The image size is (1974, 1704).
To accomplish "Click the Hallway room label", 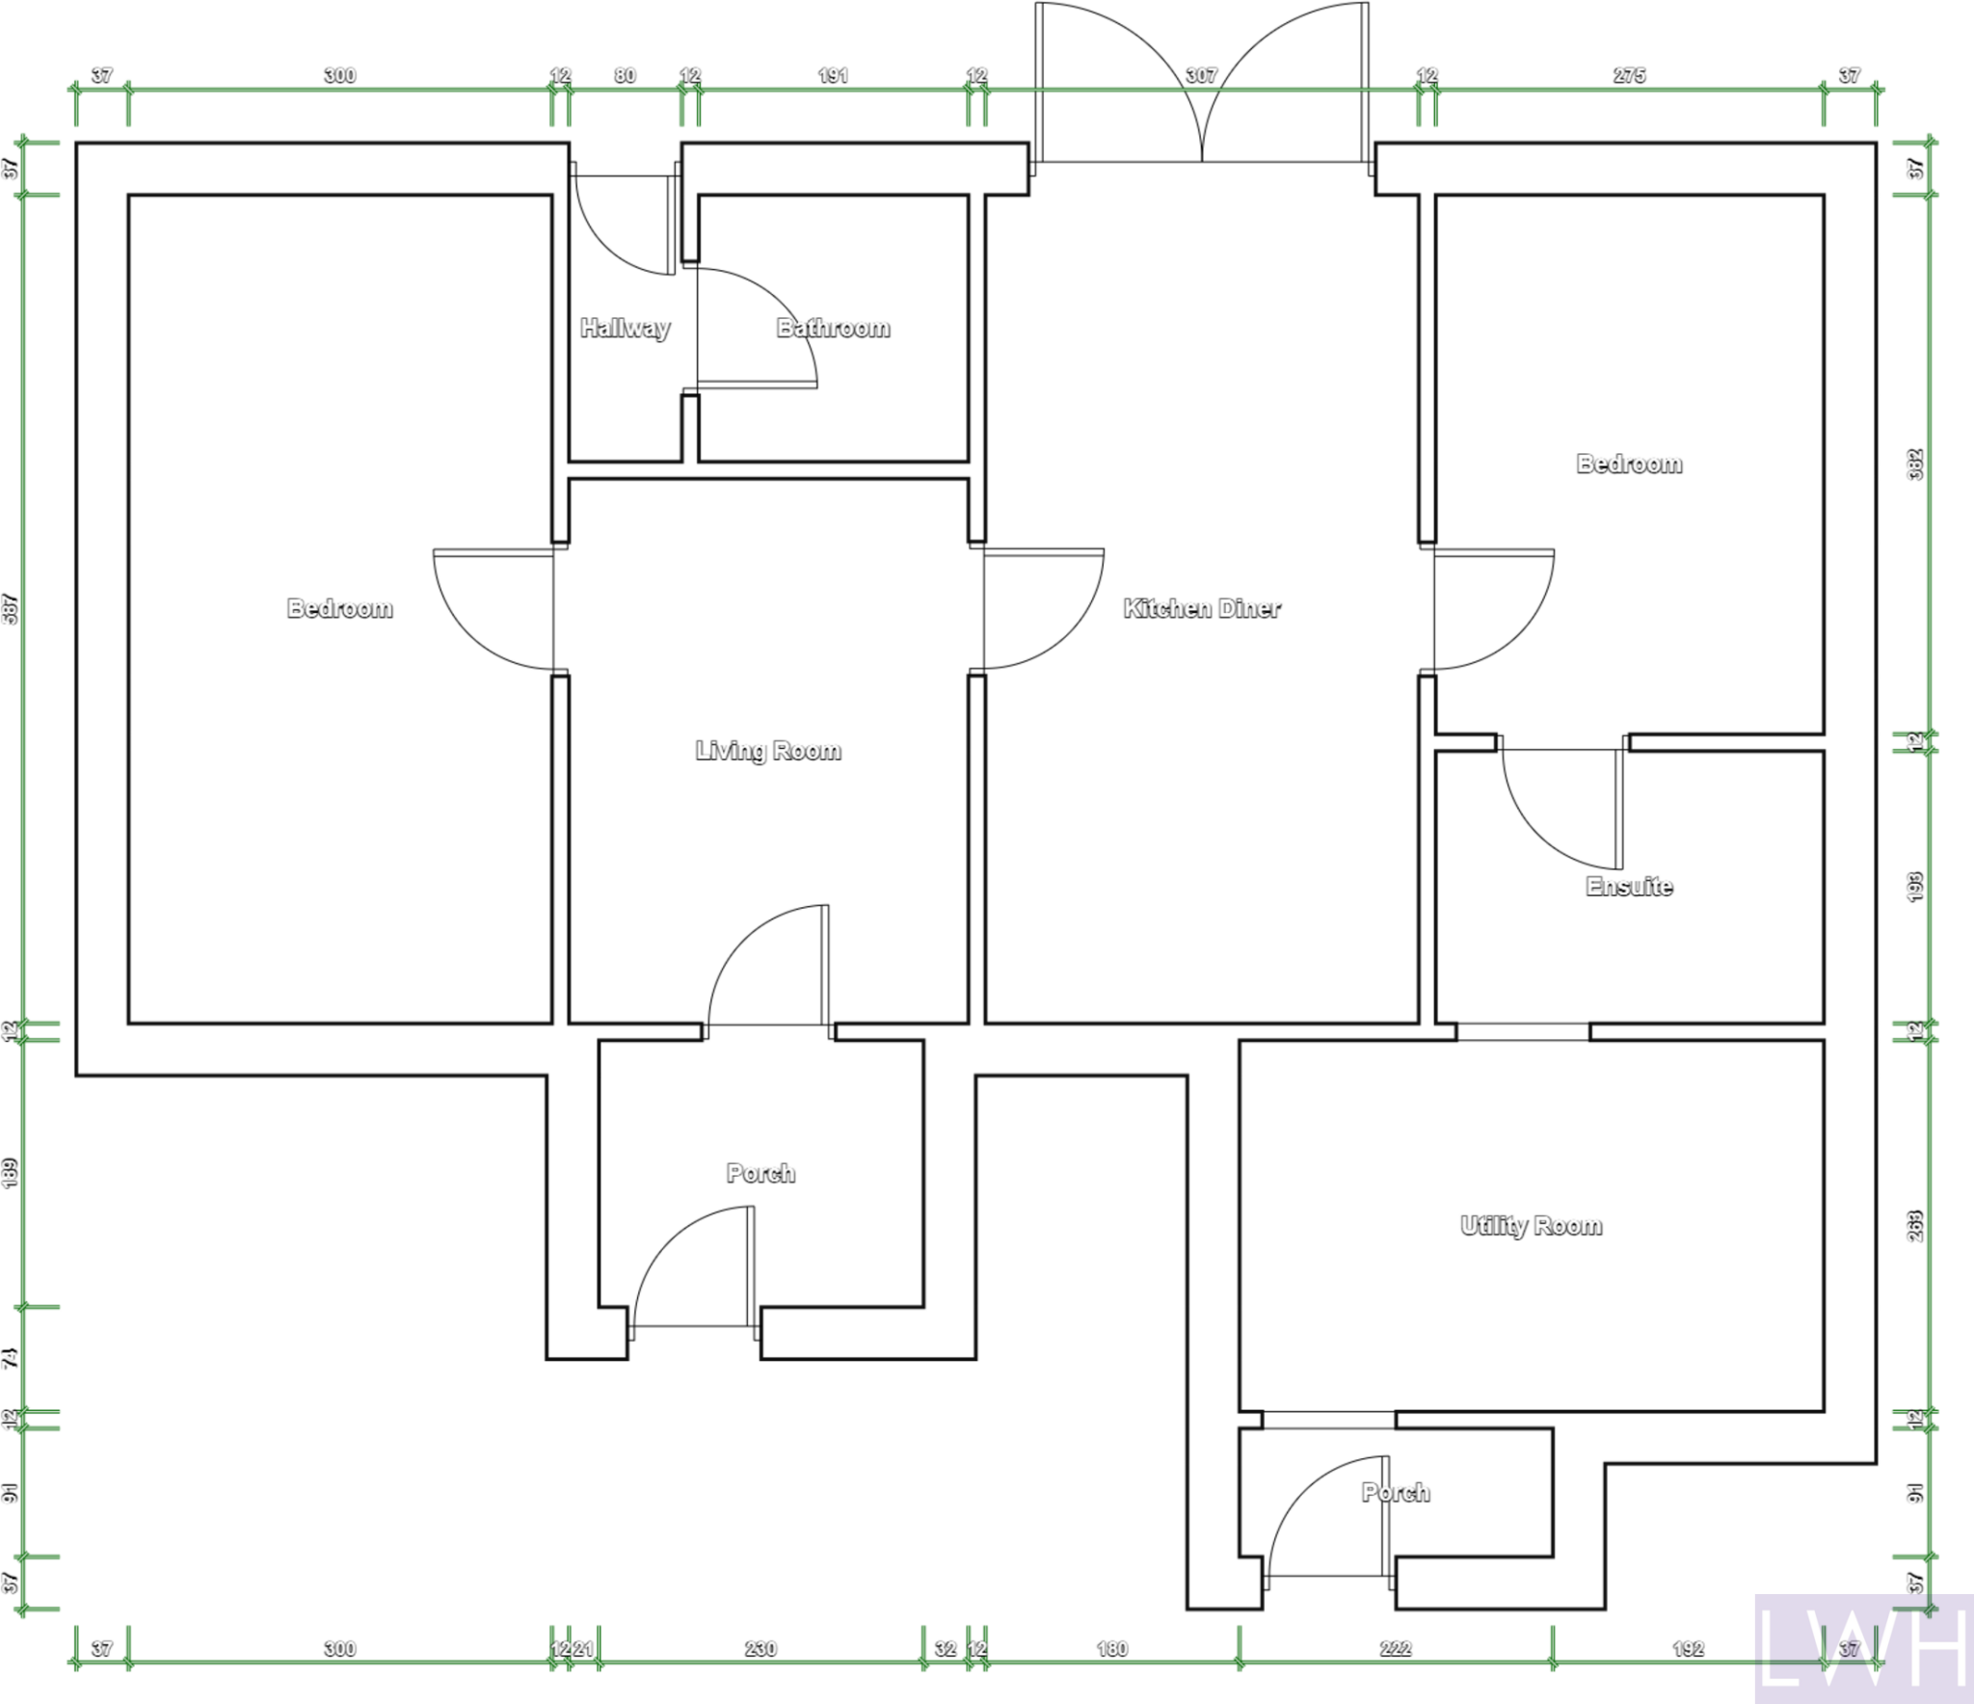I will pos(625,329).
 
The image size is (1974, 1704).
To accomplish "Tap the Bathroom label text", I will pos(833,329).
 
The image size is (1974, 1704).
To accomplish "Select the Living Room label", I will pos(768,751).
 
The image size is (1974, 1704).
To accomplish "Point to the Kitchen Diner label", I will pos(1202,608).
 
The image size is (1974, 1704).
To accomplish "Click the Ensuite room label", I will pos(1629,887).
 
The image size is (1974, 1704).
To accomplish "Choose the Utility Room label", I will pos(1531,1226).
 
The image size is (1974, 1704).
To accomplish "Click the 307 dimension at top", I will pos(1201,75).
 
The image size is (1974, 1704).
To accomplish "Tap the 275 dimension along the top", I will pos(1629,75).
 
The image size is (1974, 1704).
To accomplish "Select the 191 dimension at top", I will pos(833,75).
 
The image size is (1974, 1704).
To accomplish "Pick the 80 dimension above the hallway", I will pos(625,75).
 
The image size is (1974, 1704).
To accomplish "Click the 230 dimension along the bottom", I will pos(760,1649).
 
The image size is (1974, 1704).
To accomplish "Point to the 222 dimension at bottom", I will pos(1395,1649).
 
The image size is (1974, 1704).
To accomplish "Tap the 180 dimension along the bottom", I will pos(1111,1649).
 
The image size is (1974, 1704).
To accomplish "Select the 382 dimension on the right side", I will pos(1915,465).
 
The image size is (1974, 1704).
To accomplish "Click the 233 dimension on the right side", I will pos(1915,1226).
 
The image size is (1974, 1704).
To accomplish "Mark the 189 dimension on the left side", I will pos(11,1173).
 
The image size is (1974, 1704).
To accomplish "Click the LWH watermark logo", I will pos(1862,1647).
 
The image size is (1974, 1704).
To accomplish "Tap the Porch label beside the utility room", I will pos(1395,1493).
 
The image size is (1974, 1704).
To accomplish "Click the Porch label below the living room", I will pos(760,1173).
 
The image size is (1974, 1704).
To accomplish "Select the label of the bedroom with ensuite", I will pos(1629,465).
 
